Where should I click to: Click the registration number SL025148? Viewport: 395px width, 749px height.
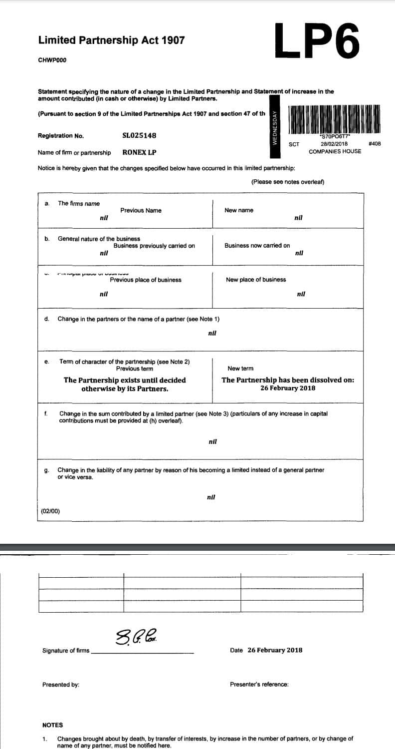[x=139, y=135]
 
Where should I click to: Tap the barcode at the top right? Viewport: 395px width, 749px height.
[x=334, y=119]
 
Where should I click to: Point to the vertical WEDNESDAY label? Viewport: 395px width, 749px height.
[x=274, y=127]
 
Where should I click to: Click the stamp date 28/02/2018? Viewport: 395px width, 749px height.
[x=334, y=144]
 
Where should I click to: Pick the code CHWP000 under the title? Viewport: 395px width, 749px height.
[x=52, y=60]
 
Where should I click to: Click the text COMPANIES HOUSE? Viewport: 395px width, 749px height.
[x=335, y=151]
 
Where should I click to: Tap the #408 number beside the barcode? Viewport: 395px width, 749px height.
[x=374, y=144]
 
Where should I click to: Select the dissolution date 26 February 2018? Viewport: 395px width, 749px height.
[x=288, y=388]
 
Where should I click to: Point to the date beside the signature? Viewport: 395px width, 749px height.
[x=275, y=650]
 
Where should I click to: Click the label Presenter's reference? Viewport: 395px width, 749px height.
[x=259, y=685]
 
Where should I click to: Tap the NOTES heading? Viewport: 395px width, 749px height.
[x=52, y=725]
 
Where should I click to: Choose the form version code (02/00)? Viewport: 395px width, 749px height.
[x=50, y=511]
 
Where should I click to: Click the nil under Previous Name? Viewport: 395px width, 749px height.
[x=104, y=218]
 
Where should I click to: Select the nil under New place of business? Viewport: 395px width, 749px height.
[x=301, y=294]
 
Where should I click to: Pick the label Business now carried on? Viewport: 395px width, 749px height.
[x=257, y=246]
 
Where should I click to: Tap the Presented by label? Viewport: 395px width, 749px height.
[x=60, y=685]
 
